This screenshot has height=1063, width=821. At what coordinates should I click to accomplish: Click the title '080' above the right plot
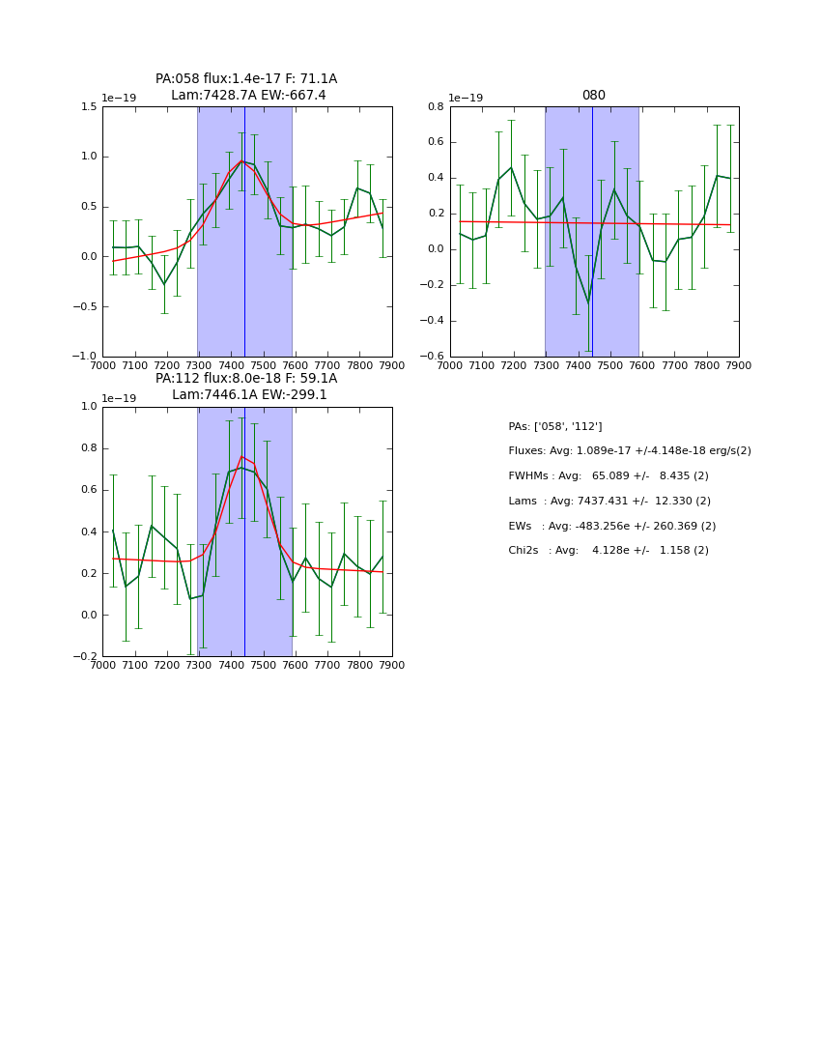click(593, 96)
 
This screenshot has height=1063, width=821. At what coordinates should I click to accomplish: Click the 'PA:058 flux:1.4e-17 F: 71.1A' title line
click(246, 79)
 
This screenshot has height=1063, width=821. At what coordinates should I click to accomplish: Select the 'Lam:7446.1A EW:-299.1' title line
click(249, 395)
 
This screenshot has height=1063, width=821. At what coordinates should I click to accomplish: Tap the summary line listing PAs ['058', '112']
click(555, 426)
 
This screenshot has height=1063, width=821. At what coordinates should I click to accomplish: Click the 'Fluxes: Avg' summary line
click(629, 451)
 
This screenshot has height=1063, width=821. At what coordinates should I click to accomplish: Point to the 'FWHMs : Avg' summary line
click(609, 476)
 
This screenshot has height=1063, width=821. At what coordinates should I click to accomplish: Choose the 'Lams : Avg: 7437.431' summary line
click(609, 502)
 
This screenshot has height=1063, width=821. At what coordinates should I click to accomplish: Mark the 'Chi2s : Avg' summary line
click(609, 551)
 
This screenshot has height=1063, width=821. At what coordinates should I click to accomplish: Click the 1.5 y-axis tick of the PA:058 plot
click(88, 107)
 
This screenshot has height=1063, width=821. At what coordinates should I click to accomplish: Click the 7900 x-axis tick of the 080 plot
click(738, 365)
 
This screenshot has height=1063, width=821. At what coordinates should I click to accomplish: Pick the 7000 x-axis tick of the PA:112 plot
click(102, 665)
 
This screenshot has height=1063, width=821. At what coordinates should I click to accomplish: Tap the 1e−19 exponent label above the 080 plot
click(466, 98)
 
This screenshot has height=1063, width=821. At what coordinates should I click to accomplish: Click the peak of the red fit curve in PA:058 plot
click(241, 161)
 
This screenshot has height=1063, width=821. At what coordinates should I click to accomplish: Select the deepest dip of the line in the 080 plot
click(588, 302)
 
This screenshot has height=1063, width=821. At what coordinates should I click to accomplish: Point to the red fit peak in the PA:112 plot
click(241, 456)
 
